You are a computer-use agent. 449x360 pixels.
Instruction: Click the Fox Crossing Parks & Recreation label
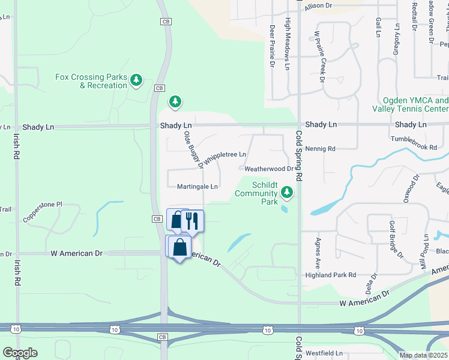click(91, 81)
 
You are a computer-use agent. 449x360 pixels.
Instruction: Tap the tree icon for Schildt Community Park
click(288, 192)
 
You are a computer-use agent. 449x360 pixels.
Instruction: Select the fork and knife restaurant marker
click(192, 221)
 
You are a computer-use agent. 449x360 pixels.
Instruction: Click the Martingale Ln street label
click(197, 187)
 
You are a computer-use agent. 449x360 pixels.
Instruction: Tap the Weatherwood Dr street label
click(268, 169)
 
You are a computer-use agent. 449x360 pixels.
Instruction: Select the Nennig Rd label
click(320, 148)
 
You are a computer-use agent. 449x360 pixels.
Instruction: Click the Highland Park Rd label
click(331, 275)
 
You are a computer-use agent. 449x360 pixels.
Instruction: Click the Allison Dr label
click(318, 5)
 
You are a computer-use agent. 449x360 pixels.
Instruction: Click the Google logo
click(19, 353)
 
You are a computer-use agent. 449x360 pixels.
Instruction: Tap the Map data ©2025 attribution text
click(423, 355)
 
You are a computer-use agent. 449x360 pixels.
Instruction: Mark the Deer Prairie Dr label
click(272, 45)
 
